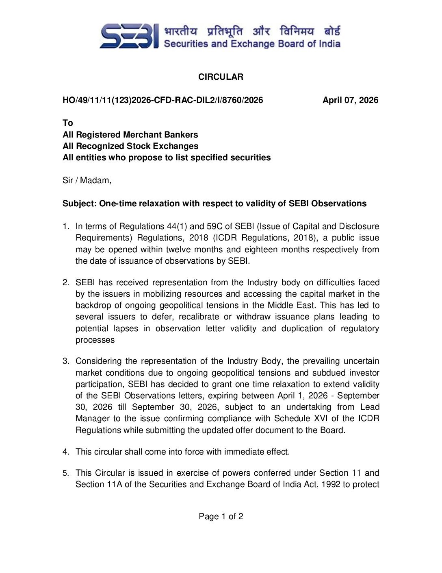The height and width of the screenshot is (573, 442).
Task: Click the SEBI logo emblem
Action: pyautogui.click(x=129, y=36)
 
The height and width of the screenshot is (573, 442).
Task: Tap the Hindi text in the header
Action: pyautogui.click(x=252, y=31)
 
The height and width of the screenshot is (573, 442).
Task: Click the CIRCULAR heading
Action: pyautogui.click(x=221, y=77)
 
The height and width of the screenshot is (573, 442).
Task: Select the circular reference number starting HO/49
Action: pyautogui.click(x=162, y=100)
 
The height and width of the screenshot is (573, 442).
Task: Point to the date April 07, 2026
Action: pyautogui.click(x=350, y=100)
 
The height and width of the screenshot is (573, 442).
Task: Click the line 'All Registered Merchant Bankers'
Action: pyautogui.click(x=130, y=135)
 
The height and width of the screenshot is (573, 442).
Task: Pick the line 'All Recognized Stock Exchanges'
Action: pyautogui.click(x=130, y=146)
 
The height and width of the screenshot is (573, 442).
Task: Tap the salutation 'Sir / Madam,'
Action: pyautogui.click(x=87, y=180)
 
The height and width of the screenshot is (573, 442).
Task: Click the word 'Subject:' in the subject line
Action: pyautogui.click(x=80, y=203)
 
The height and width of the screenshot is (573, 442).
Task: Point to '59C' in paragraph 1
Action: pyautogui.click(x=215, y=226)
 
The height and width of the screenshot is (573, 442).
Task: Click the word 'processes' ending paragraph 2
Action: pyautogui.click(x=95, y=340)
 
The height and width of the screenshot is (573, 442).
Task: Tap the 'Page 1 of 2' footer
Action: pyautogui.click(x=221, y=516)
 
